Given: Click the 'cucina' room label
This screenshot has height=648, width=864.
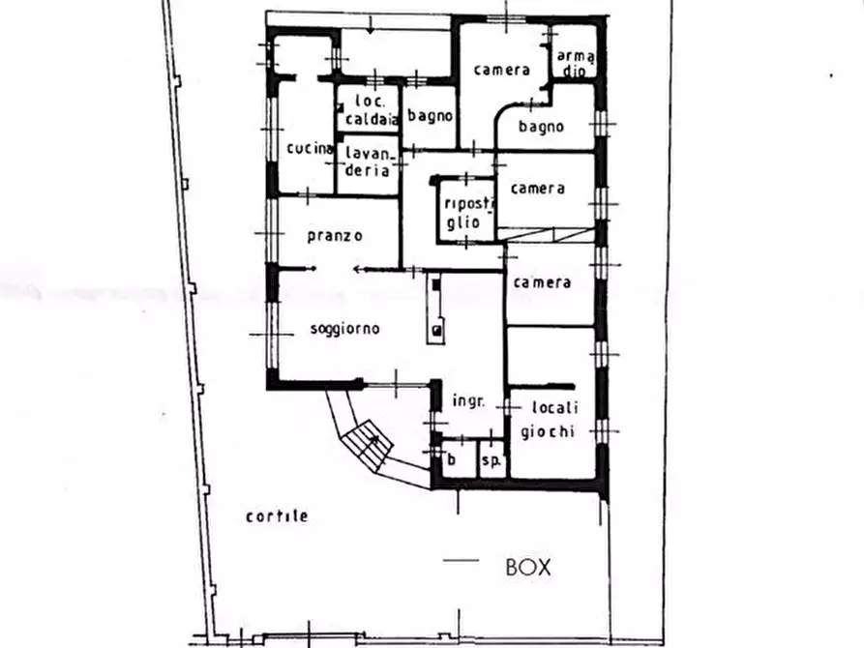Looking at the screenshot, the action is point(310,148).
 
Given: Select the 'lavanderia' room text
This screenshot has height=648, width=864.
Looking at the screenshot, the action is point(368,161).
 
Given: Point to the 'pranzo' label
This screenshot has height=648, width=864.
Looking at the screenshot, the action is point(335,236).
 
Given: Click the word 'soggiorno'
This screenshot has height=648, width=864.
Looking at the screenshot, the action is point(345,329).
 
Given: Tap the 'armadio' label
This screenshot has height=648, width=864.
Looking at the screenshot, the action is point(576,64).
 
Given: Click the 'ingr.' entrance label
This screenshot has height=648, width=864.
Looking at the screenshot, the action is point(468,400).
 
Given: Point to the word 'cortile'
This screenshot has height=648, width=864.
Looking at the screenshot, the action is point(277,516).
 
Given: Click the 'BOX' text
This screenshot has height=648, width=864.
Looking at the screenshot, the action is point(528,568).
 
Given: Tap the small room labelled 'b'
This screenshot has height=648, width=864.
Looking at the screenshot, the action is point(451,458).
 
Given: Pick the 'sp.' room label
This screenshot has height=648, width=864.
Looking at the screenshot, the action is point(491,459).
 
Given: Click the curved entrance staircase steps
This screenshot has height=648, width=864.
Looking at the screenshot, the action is point(368,444).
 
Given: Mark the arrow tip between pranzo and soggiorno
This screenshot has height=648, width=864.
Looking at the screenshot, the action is point(355,270).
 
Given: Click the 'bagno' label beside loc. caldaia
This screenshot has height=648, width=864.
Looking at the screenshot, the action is point(430,116).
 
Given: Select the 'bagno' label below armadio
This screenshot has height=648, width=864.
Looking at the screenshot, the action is point(541,127).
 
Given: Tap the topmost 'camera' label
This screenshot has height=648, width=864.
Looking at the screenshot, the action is point(501,70).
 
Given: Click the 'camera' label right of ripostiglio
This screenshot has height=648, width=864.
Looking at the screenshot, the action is point(537,189).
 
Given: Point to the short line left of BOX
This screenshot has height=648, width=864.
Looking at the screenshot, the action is point(462,560).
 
